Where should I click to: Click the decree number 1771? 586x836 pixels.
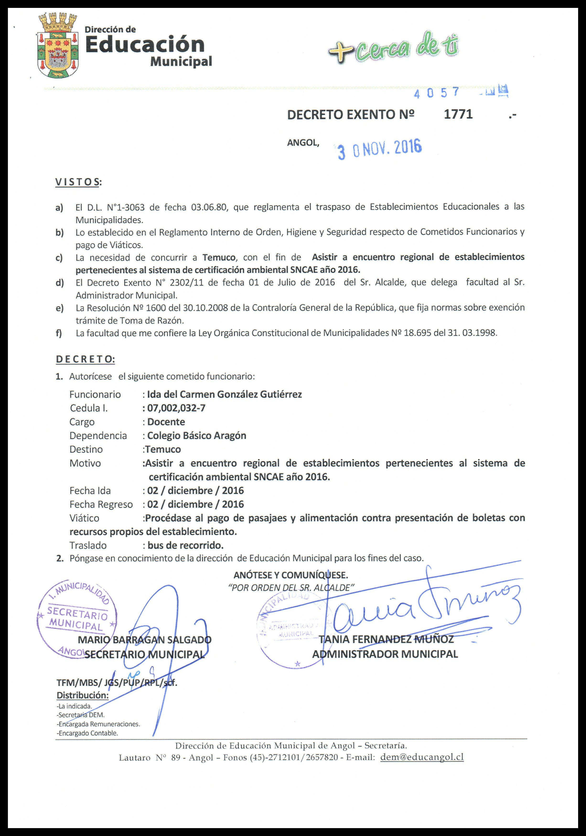coord(458,114)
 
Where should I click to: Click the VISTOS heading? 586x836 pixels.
coord(78,182)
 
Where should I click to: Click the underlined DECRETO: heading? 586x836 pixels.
coord(85,359)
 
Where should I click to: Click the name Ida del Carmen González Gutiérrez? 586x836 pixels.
coord(224,394)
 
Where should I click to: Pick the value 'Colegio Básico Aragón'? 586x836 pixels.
coord(197,435)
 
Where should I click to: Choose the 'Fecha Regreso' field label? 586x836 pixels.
coord(101,504)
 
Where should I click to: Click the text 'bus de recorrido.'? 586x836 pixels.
coord(185,545)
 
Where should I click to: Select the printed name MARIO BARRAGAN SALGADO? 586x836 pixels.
coord(145,640)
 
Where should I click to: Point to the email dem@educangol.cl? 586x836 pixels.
coord(421,757)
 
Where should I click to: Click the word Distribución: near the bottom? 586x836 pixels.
coord(83,695)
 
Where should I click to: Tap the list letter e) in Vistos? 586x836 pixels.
coord(59,308)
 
